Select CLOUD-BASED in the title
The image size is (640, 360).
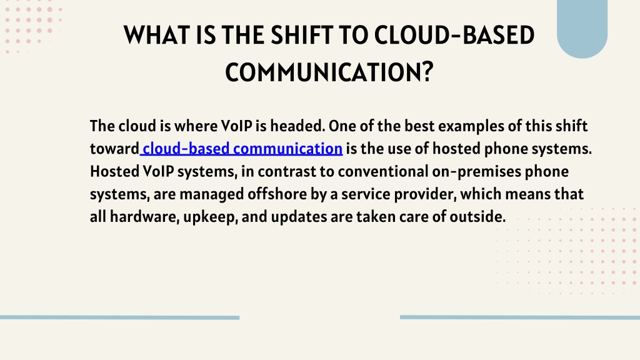(x=454, y=35)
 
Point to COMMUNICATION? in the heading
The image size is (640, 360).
(x=329, y=72)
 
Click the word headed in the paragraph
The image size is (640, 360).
(x=297, y=126)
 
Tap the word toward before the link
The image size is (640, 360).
(x=114, y=149)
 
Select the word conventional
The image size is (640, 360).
(x=383, y=171)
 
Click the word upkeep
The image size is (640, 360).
(x=211, y=217)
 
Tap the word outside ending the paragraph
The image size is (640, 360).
(x=477, y=217)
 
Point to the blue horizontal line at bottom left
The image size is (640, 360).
(x=119, y=317)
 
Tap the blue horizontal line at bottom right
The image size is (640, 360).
(x=520, y=317)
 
